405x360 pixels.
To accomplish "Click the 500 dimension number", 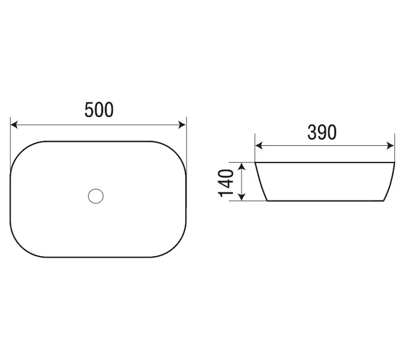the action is click(x=99, y=110).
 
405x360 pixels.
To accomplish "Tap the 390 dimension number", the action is click(x=322, y=132).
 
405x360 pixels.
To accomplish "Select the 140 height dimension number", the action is click(x=226, y=183).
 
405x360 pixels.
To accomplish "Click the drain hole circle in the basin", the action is click(x=96, y=196).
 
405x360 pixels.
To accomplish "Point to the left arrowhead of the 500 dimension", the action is click(x=14, y=125).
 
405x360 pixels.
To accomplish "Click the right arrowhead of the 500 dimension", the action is click(x=182, y=125).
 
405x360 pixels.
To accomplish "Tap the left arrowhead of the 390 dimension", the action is click(x=259, y=146).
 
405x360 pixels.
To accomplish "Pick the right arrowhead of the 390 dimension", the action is click(x=390, y=146).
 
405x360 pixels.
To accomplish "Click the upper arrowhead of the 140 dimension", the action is click(x=241, y=166).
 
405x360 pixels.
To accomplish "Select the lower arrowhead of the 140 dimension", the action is click(x=241, y=197).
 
